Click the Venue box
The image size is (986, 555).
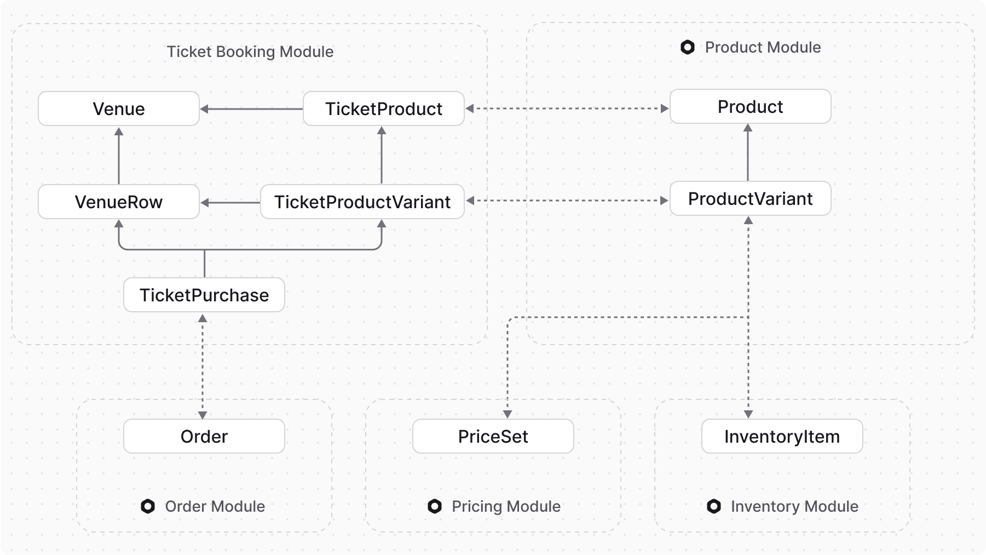tap(118, 108)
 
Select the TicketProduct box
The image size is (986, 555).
tap(383, 108)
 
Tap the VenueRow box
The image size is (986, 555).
tap(118, 202)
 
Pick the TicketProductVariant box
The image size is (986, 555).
tap(362, 202)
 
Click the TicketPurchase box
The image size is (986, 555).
tap(204, 295)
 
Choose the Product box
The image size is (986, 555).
tap(750, 106)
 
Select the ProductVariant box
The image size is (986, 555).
tap(750, 198)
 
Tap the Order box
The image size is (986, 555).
tap(204, 436)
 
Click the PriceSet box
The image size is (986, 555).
tap(493, 436)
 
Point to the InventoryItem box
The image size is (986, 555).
tap(782, 436)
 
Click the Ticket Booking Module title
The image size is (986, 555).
tap(250, 52)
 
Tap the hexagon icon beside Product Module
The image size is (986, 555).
tap(688, 47)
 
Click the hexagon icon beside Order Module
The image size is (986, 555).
tap(148, 506)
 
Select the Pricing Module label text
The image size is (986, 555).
tap(506, 506)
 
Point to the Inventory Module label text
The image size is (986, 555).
tap(794, 506)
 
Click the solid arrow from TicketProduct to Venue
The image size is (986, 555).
tap(252, 109)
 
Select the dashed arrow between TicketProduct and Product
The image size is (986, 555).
tap(567, 108)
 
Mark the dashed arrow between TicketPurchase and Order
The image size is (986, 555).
tap(203, 366)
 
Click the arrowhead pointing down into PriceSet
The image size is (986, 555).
tap(508, 414)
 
